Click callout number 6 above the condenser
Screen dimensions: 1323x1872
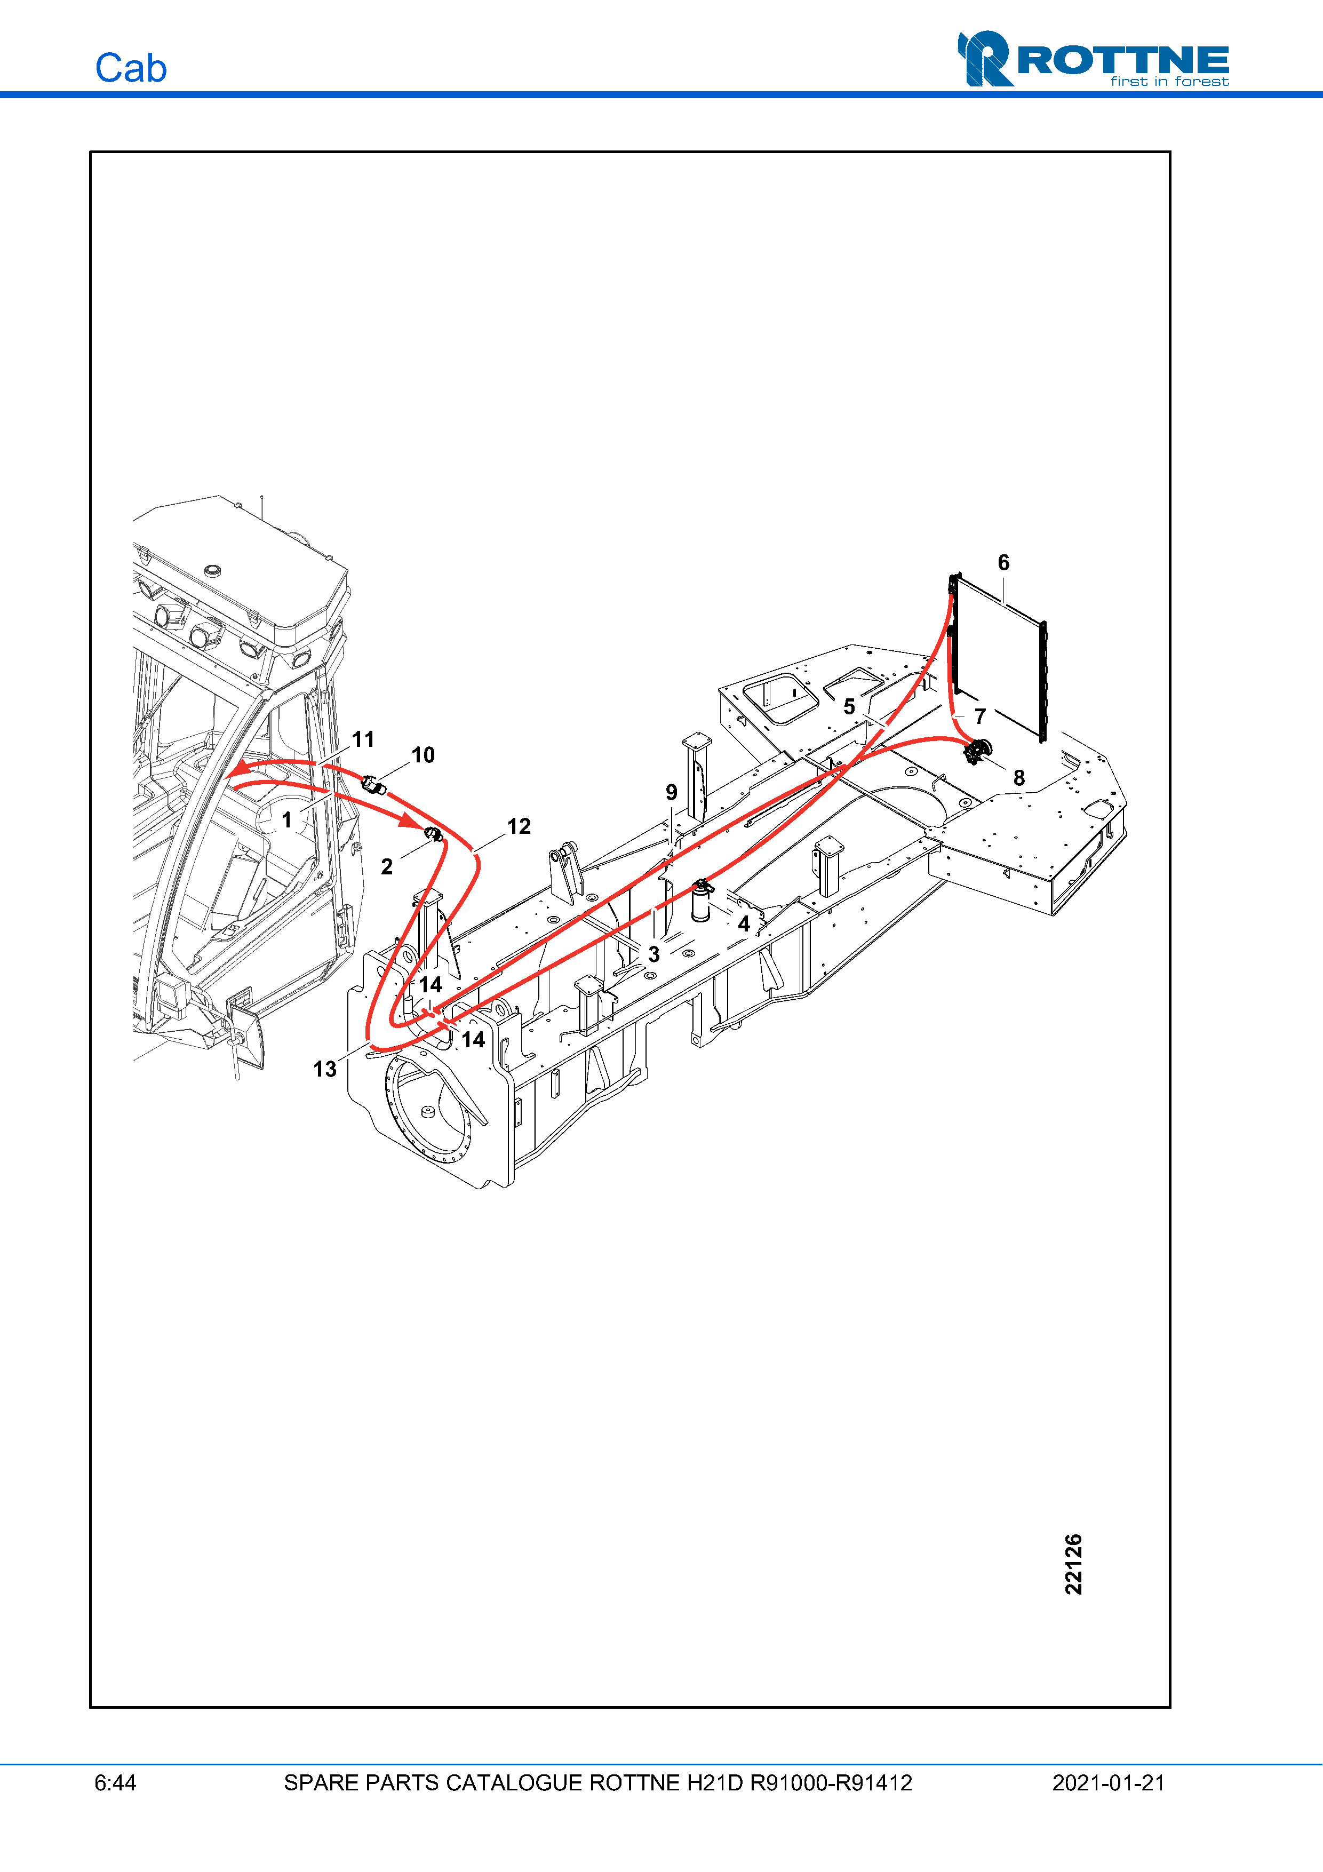pyautogui.click(x=1003, y=563)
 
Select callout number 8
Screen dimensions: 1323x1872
pyautogui.click(x=1019, y=778)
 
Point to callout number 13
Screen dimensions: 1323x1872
pyautogui.click(x=324, y=1069)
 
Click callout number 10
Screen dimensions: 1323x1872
pyautogui.click(x=423, y=755)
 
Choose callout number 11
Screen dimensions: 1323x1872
pyautogui.click(x=363, y=739)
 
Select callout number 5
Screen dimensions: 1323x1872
pyautogui.click(x=849, y=707)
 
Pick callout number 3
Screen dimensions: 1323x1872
pyautogui.click(x=653, y=954)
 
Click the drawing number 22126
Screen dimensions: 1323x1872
pyautogui.click(x=1073, y=1564)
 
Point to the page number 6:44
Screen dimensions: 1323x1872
pyautogui.click(x=115, y=1783)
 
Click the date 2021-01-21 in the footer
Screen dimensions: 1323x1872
pyautogui.click(x=1109, y=1783)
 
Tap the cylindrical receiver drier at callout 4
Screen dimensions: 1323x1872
pyautogui.click(x=700, y=902)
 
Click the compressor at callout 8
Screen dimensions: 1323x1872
pyautogui.click(x=977, y=751)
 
